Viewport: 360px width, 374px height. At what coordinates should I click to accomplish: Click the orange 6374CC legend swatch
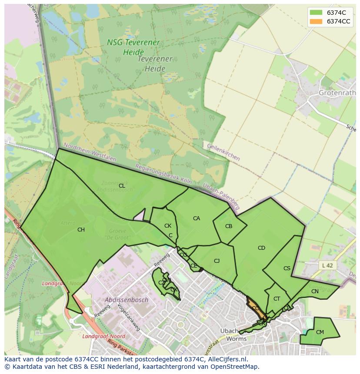pos(316,21)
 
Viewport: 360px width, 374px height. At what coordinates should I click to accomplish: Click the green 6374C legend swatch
pos(316,12)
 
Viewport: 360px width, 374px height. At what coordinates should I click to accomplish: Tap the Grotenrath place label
pos(337,93)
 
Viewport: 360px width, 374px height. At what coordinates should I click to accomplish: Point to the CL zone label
pos(122,186)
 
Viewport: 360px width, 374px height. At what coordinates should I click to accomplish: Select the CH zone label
pos(81,230)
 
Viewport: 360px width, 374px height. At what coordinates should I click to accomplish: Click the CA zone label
pos(197,218)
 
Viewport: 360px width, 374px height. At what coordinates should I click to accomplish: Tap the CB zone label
pos(229,226)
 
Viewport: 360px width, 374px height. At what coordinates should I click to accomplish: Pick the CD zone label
pos(261,248)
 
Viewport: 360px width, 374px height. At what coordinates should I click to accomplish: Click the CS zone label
pos(287,268)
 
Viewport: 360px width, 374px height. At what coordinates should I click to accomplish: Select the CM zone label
pos(320,332)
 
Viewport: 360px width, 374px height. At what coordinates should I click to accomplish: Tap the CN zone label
pos(315,292)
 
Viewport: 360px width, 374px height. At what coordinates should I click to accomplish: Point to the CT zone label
pos(277,299)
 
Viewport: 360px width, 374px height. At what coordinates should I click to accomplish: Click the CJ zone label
pos(217,261)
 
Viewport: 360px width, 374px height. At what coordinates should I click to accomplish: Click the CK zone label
pos(168,226)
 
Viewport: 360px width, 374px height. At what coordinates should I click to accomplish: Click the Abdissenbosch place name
pos(127,300)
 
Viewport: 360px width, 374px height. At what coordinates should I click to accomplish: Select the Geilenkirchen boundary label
pos(223,152)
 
